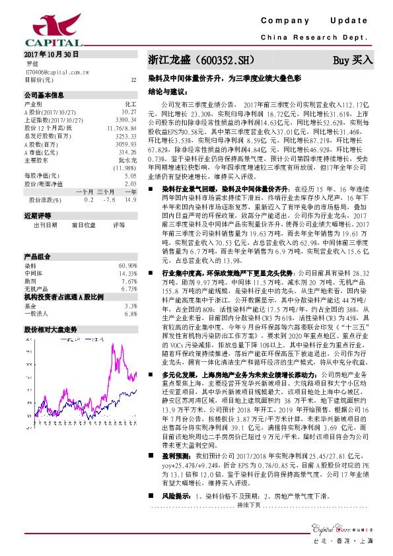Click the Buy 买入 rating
pyautogui.click(x=353, y=59)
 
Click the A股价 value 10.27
pyautogui.click(x=129, y=113)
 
